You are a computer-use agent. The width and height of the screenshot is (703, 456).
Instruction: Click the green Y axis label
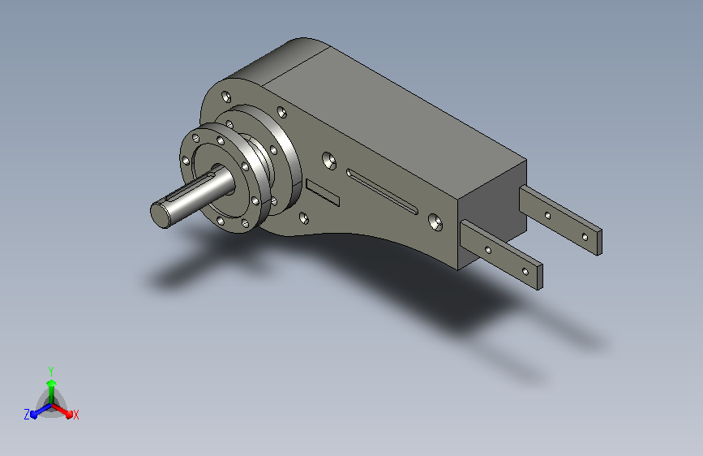51,371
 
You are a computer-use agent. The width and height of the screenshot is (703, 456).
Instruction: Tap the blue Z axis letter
27,415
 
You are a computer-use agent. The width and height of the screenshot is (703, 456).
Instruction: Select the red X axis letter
75,415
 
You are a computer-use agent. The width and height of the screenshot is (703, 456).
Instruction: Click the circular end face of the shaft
161,215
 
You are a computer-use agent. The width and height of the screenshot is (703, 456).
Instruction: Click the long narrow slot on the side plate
383,191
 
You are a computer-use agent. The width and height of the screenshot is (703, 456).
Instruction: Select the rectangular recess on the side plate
323,192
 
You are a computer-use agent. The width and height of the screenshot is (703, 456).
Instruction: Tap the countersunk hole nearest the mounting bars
435,222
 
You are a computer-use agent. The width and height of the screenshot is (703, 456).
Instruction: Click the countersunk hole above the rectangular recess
329,161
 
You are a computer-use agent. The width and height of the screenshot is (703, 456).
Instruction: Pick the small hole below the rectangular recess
303,218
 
